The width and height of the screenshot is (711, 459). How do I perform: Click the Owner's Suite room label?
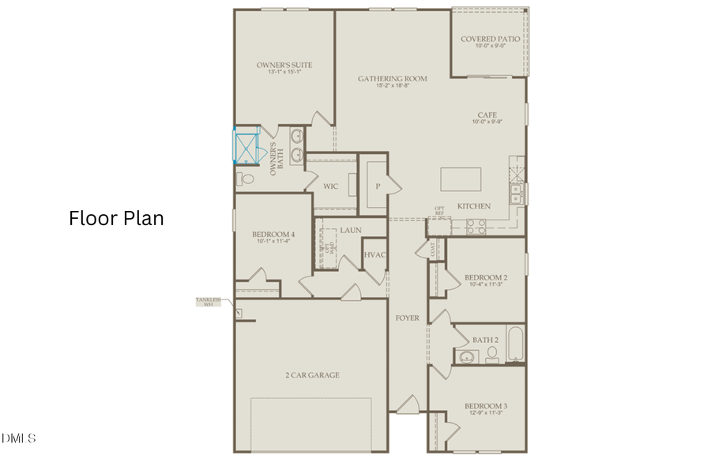pos(284,65)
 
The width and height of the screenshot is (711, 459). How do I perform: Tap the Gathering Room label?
pos(393,78)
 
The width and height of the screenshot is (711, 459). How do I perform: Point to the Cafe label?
pos(487,115)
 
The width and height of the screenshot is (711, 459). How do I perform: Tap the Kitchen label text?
pos(474,206)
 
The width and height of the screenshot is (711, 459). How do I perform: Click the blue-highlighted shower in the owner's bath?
pos(246,145)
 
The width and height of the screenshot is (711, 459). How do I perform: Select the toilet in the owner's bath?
pos(246,179)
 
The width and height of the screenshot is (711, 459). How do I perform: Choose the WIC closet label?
pos(331,186)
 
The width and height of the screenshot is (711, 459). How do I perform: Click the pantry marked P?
pos(378,186)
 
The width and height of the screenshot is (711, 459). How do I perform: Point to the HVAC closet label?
pos(374,254)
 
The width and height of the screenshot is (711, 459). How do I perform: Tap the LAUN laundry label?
pos(351,230)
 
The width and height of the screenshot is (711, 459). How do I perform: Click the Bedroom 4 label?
pos(273,235)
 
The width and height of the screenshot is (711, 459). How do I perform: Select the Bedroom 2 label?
pos(485,277)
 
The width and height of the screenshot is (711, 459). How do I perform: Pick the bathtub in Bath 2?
pos(515,345)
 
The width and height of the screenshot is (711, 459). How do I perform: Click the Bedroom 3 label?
pos(485,407)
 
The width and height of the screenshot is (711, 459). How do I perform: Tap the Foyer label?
pos(407,318)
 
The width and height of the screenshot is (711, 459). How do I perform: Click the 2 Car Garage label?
pos(313,374)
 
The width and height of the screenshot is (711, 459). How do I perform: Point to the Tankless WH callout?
pos(209,302)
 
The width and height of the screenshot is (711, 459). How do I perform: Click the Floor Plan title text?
pos(116,218)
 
